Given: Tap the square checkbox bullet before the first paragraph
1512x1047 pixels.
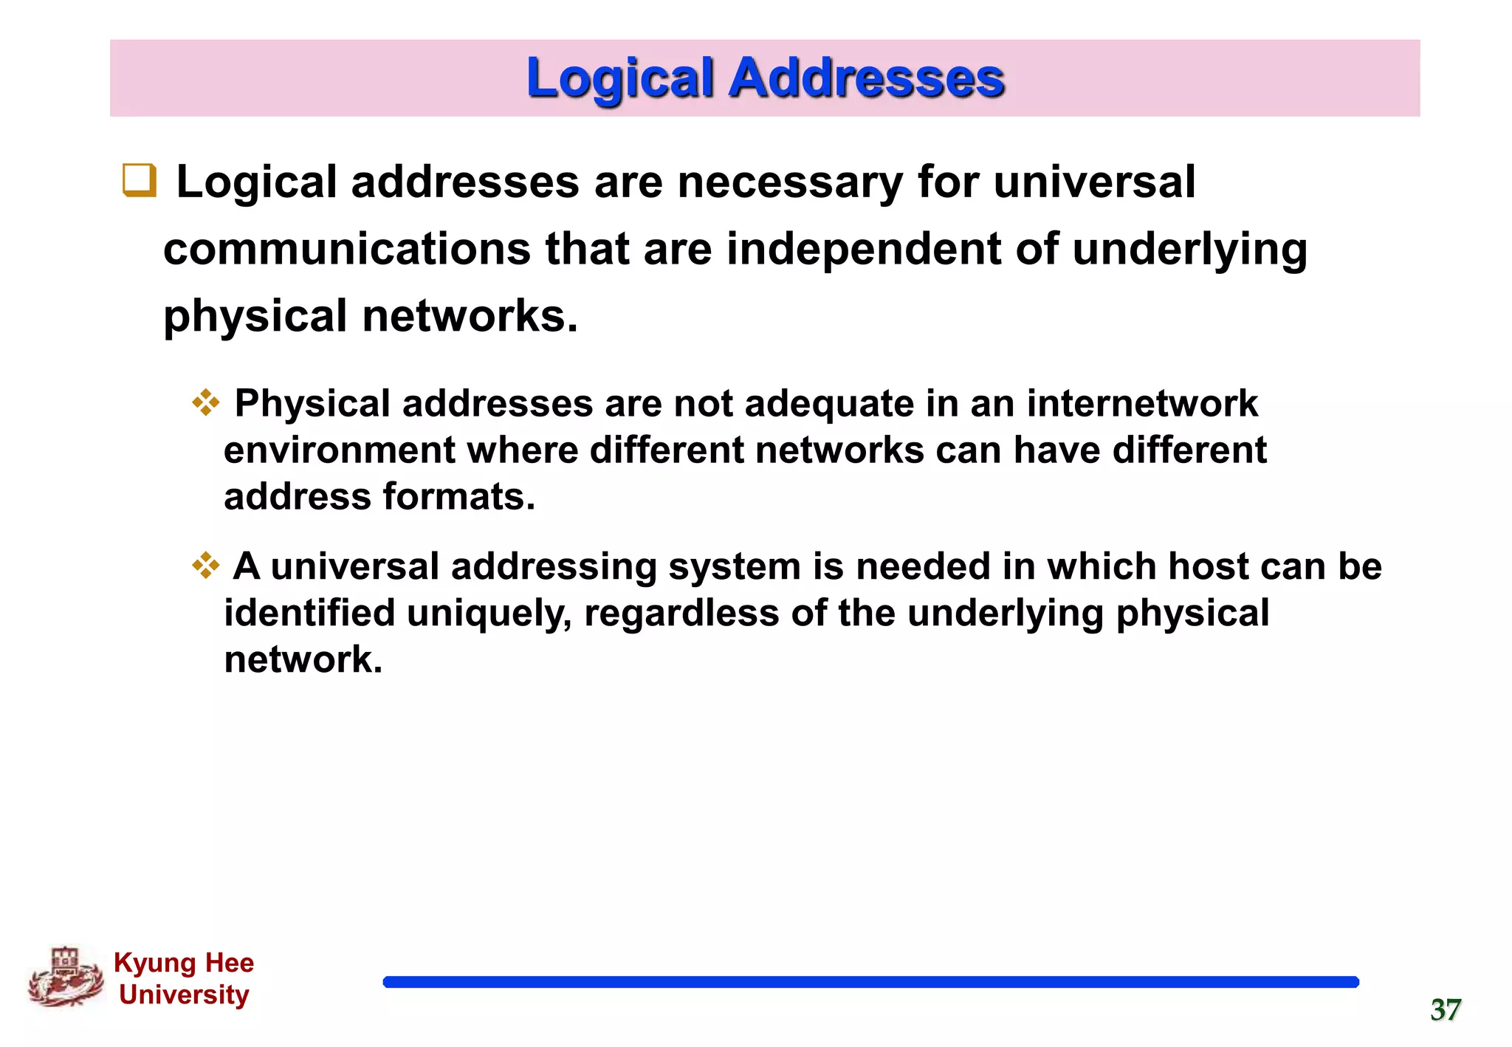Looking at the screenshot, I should (140, 180).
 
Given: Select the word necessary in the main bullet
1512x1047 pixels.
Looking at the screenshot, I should (790, 182).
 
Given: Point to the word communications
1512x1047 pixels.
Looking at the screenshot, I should (346, 249).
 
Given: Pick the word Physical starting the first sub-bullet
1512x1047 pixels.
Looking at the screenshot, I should (312, 404).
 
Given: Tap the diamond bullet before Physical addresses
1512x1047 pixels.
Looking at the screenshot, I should (206, 403).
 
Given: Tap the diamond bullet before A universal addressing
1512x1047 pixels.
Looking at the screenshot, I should (206, 566).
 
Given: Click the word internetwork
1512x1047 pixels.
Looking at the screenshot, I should (1142, 404).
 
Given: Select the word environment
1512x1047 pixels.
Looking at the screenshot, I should (340, 450).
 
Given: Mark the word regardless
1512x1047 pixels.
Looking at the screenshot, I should (681, 614).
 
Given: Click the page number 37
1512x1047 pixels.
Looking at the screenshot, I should (1446, 1010).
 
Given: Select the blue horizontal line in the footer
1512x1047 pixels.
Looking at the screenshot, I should (870, 982).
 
